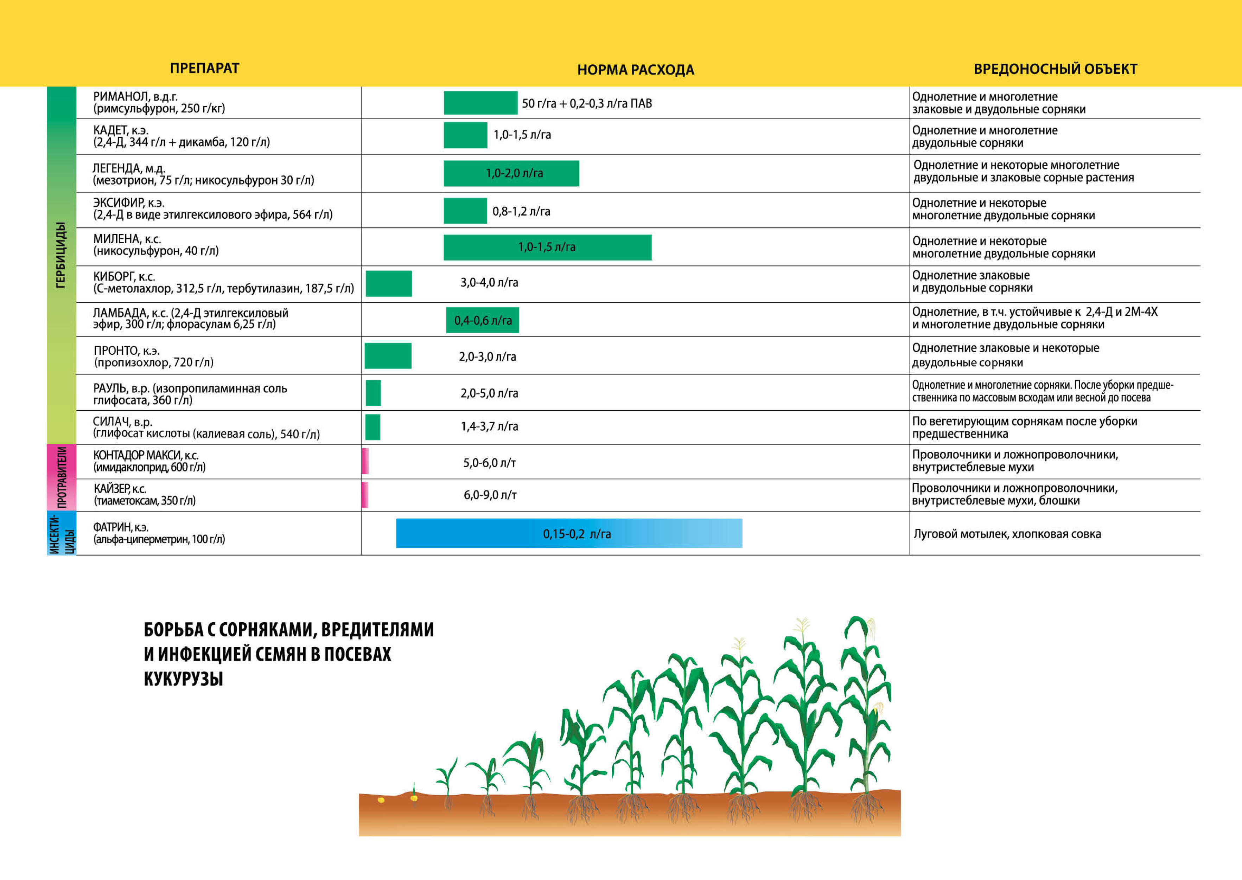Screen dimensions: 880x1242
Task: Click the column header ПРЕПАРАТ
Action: click(x=204, y=68)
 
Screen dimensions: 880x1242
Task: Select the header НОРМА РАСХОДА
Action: click(x=635, y=70)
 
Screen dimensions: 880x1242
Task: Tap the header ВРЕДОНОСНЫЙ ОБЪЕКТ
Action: click(x=1055, y=69)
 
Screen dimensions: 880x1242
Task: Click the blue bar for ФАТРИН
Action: click(x=569, y=533)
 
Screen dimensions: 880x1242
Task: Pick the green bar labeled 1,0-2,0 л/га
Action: click(x=511, y=173)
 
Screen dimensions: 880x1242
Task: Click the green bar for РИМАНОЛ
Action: click(x=480, y=103)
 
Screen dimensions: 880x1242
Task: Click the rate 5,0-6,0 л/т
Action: click(x=489, y=463)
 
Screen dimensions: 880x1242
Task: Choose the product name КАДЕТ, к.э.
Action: click(x=120, y=130)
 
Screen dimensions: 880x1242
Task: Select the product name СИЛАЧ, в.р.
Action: click(x=122, y=422)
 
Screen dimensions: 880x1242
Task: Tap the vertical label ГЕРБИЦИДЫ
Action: click(x=61, y=255)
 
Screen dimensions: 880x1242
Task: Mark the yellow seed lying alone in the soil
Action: click(x=381, y=800)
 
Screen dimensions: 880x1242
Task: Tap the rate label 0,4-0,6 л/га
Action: click(x=483, y=321)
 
